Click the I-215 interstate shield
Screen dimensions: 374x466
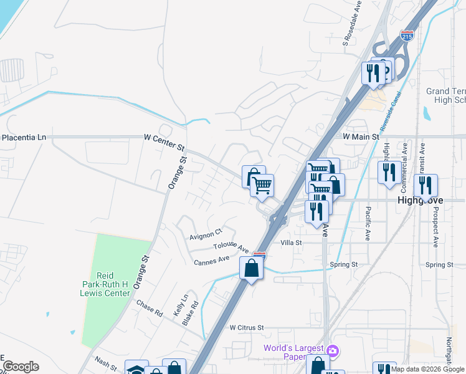407,36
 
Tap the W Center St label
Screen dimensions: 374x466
164,141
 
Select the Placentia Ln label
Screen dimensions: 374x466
24,137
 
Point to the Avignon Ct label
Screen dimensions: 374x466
206,233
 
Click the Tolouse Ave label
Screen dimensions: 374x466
231,247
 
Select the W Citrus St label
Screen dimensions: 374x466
247,327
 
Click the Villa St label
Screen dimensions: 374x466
291,242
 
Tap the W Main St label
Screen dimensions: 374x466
361,136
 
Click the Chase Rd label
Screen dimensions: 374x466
150,309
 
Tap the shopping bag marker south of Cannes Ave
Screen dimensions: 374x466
251,269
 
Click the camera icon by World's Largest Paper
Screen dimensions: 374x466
333,351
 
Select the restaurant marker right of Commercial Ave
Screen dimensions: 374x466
426,186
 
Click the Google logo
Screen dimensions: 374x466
21,367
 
